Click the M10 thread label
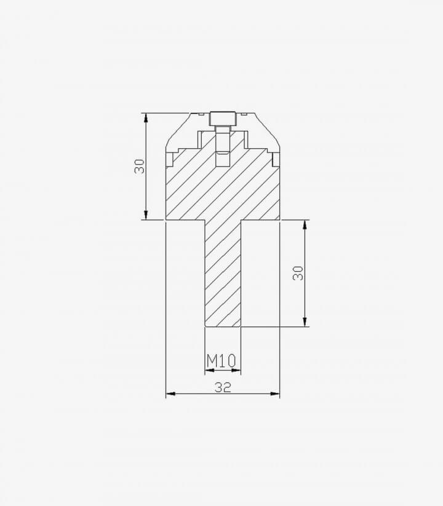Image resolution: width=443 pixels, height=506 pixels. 221,360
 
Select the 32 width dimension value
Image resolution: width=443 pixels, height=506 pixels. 223,387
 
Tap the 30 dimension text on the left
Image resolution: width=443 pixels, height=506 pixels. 140,166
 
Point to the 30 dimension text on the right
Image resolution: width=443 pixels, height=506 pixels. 298,273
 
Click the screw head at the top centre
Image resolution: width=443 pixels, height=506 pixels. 223,119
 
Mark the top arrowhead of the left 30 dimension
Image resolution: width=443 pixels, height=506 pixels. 146,117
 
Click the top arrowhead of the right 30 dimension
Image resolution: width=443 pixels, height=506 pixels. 305,224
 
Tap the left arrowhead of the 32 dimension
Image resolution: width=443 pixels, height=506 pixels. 170,393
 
